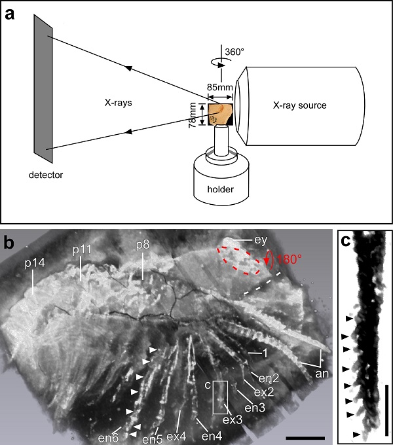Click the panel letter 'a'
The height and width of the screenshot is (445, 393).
tap(12, 14)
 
